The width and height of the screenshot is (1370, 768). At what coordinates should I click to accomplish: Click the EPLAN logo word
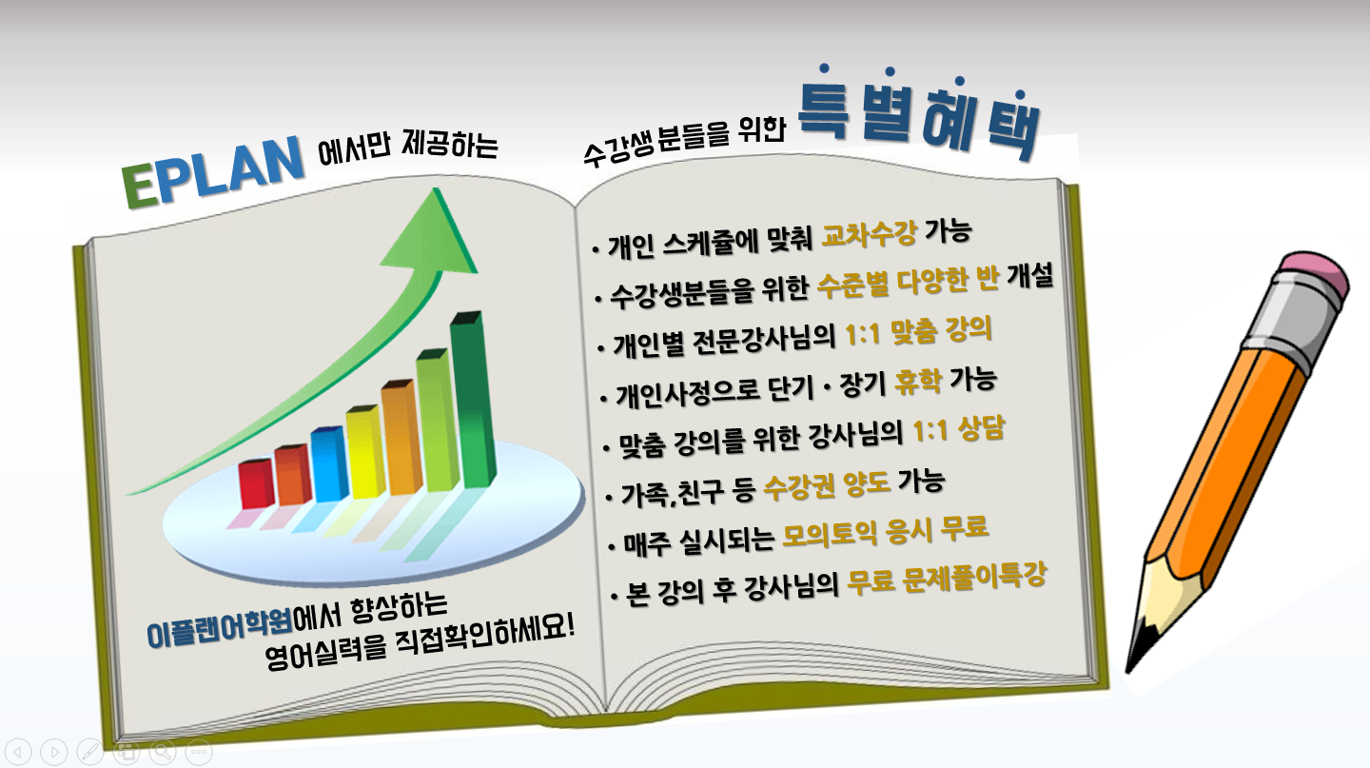(x=213, y=171)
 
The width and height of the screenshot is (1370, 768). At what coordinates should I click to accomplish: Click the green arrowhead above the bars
(x=432, y=231)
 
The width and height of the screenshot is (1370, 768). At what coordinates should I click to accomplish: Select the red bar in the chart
(x=256, y=483)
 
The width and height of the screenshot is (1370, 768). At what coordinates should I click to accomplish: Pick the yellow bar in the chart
(x=365, y=451)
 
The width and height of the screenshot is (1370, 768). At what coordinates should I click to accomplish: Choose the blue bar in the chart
(x=329, y=463)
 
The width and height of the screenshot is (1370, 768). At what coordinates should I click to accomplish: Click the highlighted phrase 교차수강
(x=869, y=234)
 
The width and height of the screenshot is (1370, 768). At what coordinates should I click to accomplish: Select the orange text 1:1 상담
(x=958, y=429)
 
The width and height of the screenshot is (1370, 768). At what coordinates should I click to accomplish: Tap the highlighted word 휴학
(x=918, y=382)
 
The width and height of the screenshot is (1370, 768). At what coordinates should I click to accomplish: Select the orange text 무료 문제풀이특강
(x=947, y=579)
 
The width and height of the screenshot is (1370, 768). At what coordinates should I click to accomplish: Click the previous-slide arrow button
(x=18, y=752)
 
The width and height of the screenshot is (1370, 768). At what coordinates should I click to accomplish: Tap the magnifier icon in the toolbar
(x=163, y=752)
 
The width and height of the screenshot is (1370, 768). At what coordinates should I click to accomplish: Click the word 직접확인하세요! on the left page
(x=485, y=636)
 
